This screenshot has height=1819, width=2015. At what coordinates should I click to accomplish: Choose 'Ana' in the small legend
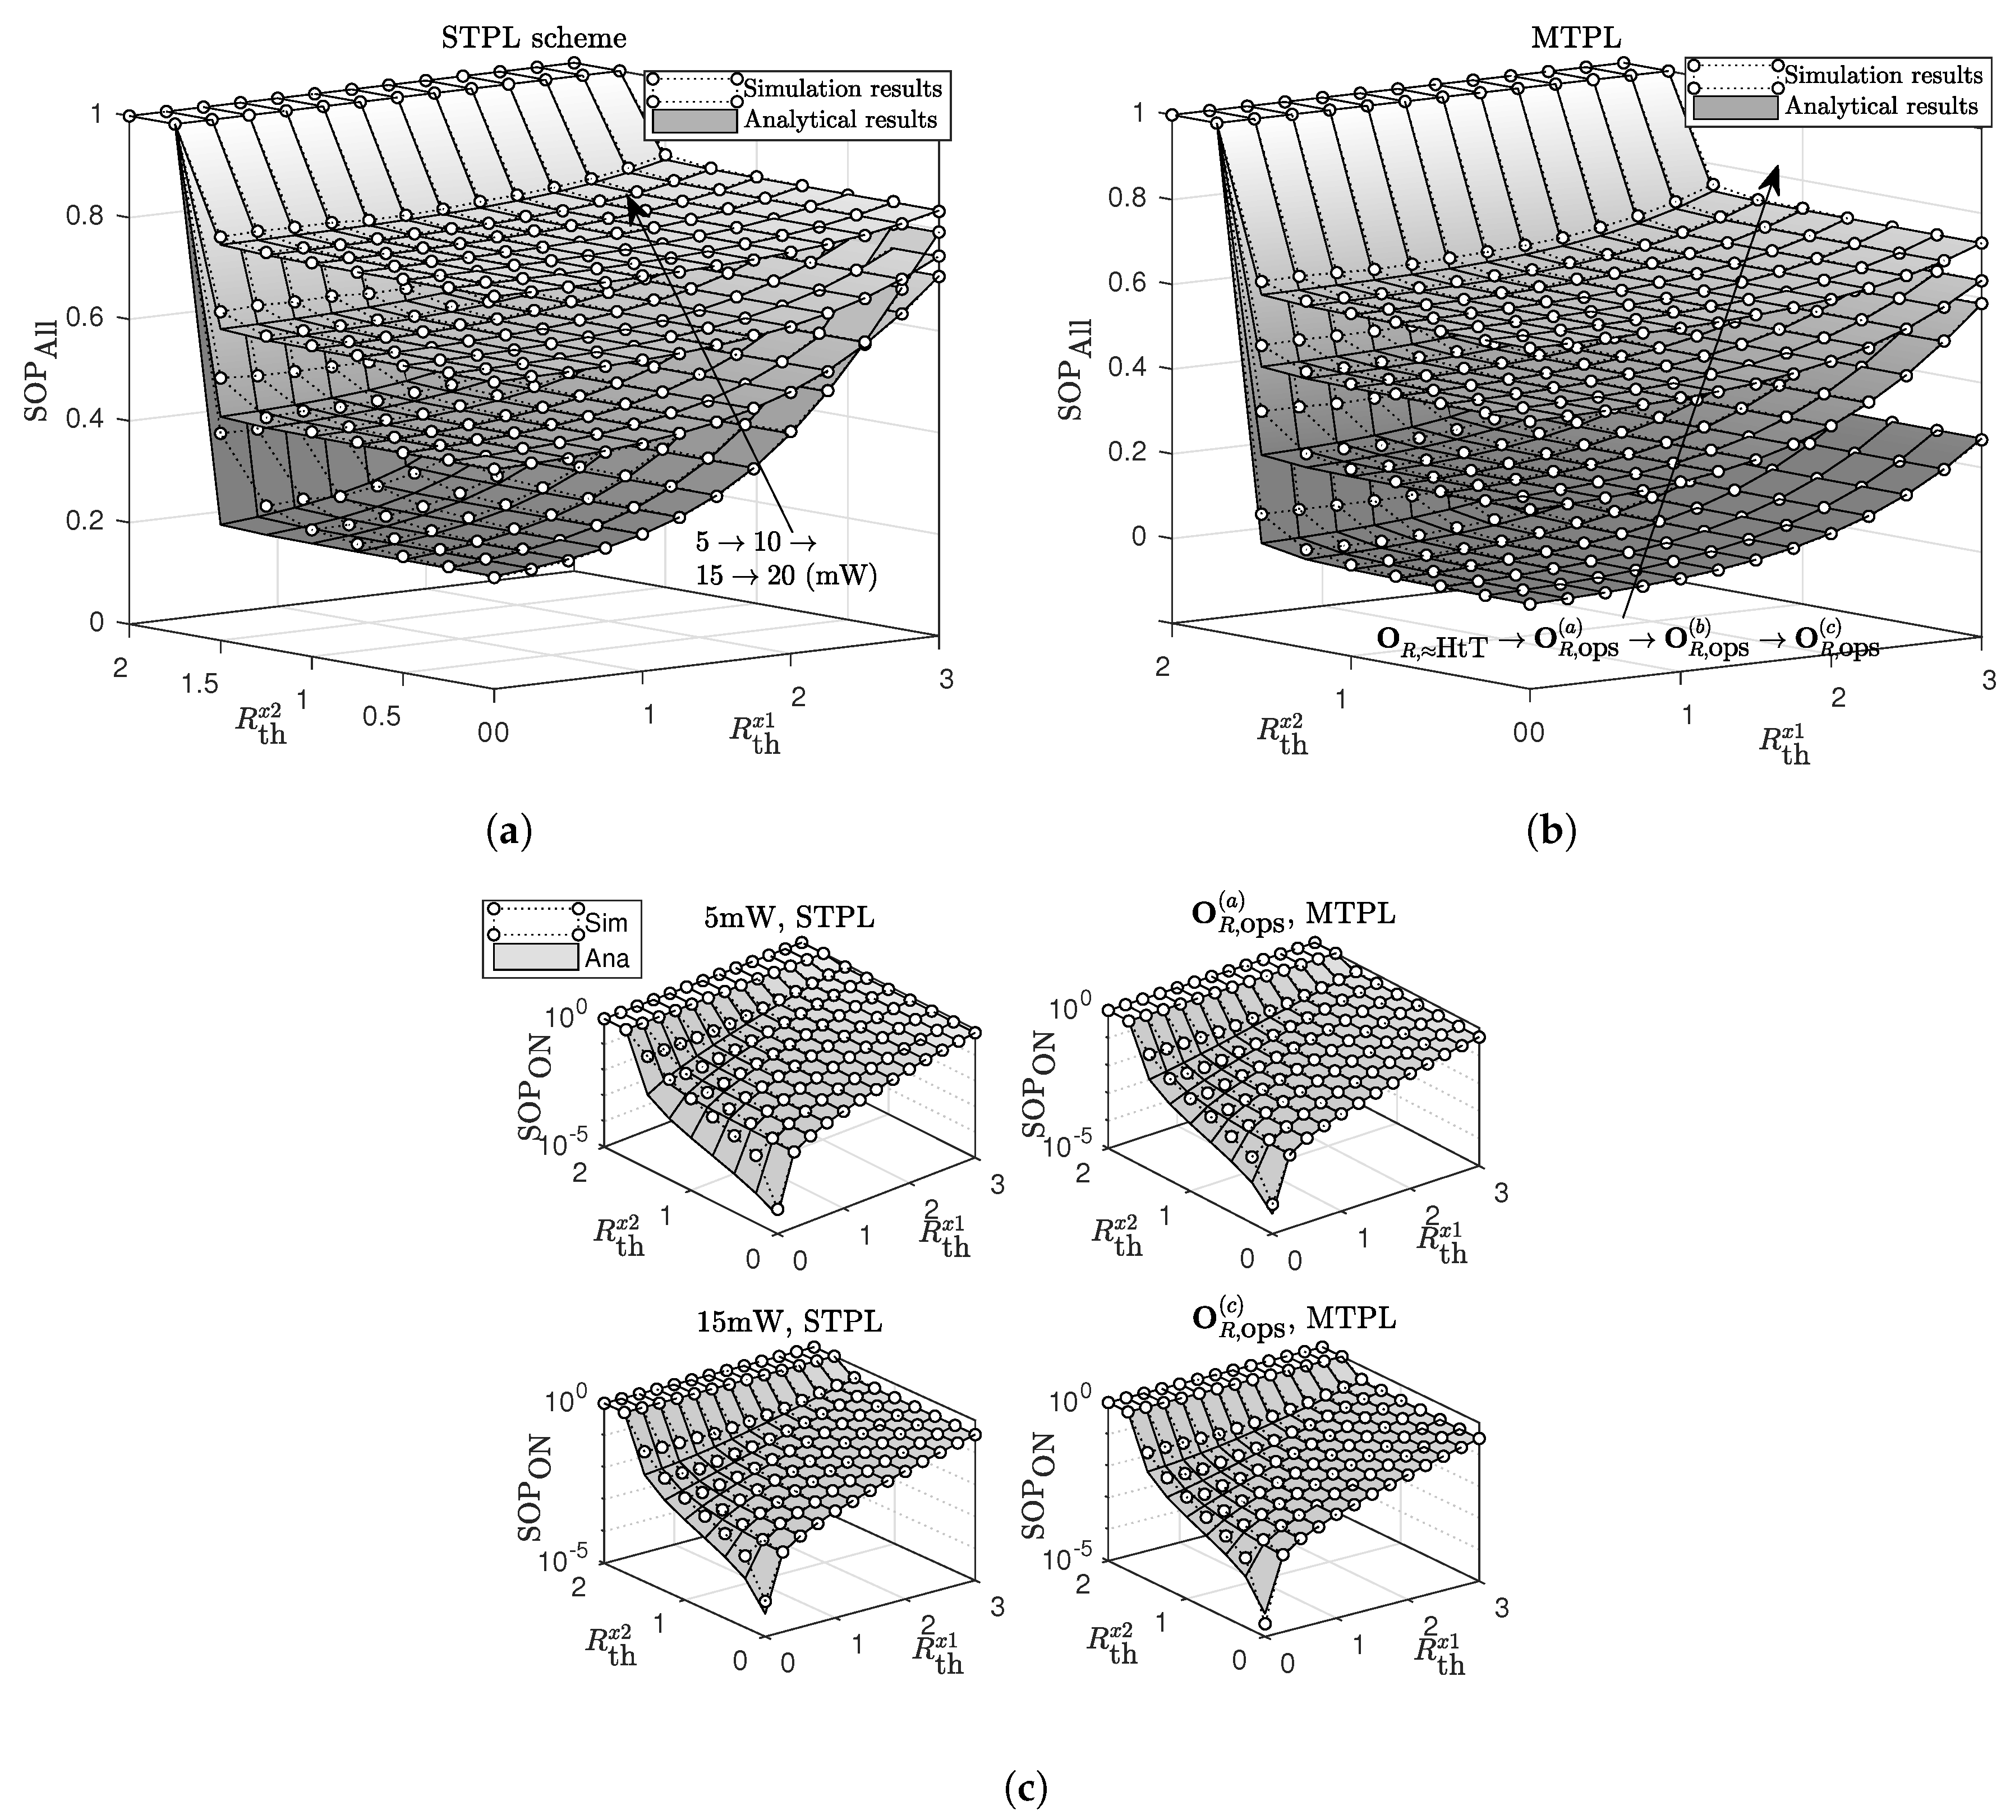(x=607, y=959)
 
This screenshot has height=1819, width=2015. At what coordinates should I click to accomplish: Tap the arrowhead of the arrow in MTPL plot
(x=1774, y=175)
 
